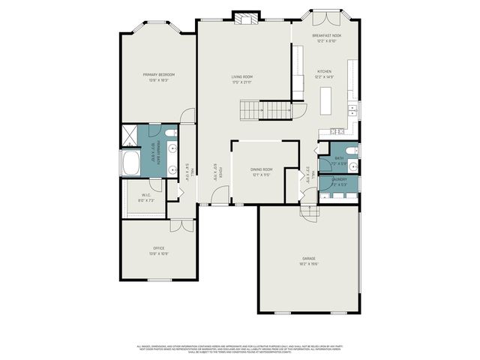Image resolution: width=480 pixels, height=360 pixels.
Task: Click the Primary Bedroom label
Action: (159, 74)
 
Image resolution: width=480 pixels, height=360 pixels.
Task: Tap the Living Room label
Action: (241, 76)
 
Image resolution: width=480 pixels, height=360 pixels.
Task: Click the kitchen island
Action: (326, 100)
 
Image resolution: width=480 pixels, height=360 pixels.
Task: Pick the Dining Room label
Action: (262, 169)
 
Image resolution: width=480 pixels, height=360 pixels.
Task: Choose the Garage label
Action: (309, 259)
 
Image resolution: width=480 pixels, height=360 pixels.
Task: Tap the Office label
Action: (159, 248)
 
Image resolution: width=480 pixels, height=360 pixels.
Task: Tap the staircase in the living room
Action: (266, 110)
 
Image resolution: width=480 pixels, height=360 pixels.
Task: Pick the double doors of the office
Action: (179, 226)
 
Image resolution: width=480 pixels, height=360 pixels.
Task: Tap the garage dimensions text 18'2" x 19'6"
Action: (309, 264)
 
